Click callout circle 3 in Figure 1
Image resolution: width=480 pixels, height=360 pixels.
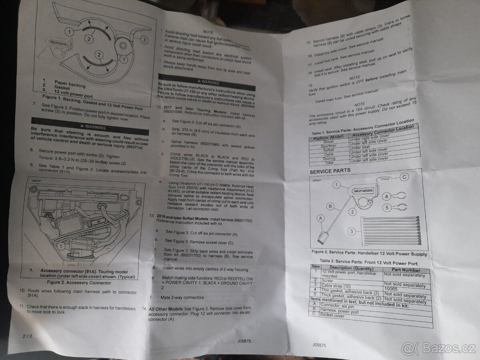145,39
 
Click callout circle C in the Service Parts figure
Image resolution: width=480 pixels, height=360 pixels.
405,176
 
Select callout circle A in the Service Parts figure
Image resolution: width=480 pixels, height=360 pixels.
320,218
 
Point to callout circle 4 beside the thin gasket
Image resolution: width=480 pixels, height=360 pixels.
386,196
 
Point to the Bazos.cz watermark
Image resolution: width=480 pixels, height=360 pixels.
439,348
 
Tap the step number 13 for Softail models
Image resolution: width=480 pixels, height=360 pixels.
151,215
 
